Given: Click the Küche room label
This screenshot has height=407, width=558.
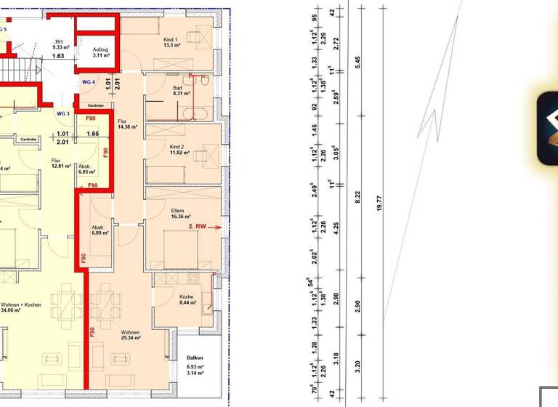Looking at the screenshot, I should [186, 296].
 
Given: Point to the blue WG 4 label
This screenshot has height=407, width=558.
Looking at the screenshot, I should [89, 82].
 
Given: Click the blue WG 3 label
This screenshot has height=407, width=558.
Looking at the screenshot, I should [63, 113].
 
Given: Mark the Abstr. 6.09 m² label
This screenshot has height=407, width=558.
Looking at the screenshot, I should [100, 230].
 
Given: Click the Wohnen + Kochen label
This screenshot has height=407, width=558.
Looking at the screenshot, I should [20, 306].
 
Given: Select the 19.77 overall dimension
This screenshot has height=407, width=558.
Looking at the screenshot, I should [379, 203].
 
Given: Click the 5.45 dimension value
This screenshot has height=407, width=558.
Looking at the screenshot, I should [357, 63].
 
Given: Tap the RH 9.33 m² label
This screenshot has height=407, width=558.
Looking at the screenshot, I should [60, 45].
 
